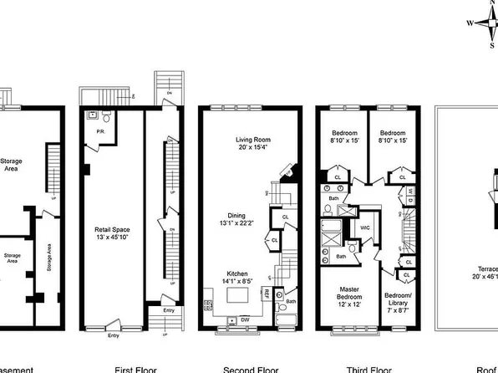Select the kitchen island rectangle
pyautogui.click(x=239, y=295)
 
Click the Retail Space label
pyautogui.click(x=113, y=229)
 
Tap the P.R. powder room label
pyautogui.click(x=99, y=131)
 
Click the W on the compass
pyautogui.click(x=469, y=23)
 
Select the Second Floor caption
pyautogui.click(x=250, y=368)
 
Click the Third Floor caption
pyautogui.click(x=368, y=368)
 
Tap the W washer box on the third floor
pyautogui.click(x=410, y=192)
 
